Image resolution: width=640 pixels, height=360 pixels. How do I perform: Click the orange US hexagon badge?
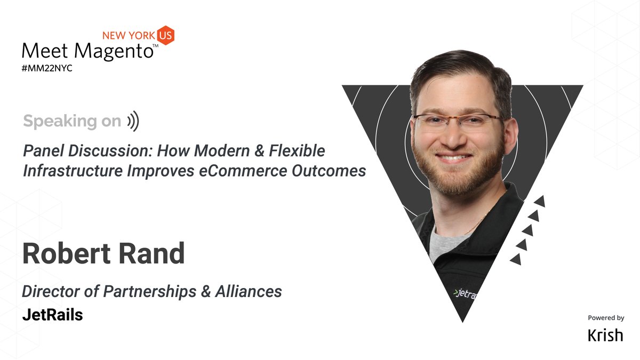coord(166,35)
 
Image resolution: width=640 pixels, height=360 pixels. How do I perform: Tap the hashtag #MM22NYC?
coord(47,69)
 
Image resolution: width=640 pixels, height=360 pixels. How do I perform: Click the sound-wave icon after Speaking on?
coord(133,122)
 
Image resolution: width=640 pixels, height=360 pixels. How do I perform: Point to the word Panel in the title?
coord(43,151)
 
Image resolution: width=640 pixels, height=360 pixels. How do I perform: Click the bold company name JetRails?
coord(53,315)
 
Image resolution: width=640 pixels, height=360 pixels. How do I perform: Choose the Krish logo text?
coord(605,334)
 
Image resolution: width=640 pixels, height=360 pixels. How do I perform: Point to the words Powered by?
coord(606,318)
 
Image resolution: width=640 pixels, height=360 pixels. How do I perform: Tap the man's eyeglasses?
coord(458,122)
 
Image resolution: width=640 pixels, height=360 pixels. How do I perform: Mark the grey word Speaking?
coord(53,122)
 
